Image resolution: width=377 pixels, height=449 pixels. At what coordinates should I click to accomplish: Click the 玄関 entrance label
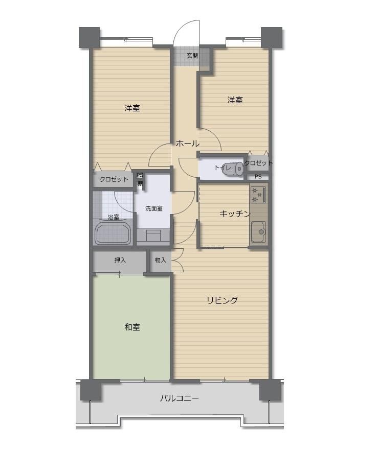click(192, 56)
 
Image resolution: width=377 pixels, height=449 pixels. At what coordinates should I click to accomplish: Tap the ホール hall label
click(188, 144)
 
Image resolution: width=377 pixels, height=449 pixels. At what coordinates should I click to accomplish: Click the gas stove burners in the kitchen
click(258, 195)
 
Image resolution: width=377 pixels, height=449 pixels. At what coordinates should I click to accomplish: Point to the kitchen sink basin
click(259, 232)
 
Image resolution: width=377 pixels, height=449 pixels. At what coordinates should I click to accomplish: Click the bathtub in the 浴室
click(113, 232)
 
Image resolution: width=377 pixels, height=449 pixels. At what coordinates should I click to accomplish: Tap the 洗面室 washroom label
click(154, 208)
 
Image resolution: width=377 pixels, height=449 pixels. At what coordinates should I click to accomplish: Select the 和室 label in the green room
click(132, 327)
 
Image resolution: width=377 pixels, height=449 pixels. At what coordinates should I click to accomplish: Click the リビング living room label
click(223, 300)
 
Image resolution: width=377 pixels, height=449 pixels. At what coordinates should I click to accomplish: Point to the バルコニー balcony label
click(180, 398)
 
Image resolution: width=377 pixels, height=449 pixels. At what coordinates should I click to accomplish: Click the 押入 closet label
click(120, 261)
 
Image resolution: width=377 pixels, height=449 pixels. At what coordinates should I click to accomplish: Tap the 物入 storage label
click(160, 260)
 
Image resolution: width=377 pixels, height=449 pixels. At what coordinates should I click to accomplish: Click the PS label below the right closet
click(258, 177)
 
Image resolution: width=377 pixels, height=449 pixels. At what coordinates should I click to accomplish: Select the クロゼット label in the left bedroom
click(114, 179)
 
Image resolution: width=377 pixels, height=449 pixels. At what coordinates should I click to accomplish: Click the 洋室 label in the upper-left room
click(132, 108)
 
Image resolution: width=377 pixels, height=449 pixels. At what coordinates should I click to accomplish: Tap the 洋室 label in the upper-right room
click(235, 100)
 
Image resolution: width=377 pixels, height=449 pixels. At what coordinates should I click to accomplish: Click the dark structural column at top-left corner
click(89, 37)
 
